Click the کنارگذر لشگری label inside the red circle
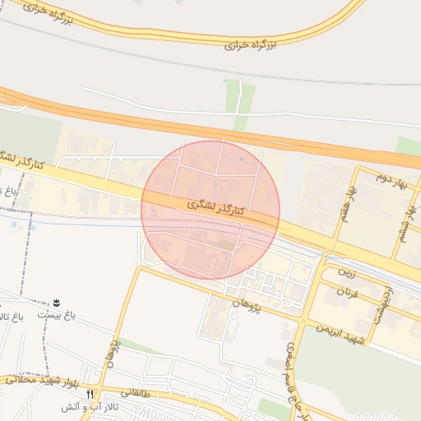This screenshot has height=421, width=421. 205,206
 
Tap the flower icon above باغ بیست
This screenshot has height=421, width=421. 57,303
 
